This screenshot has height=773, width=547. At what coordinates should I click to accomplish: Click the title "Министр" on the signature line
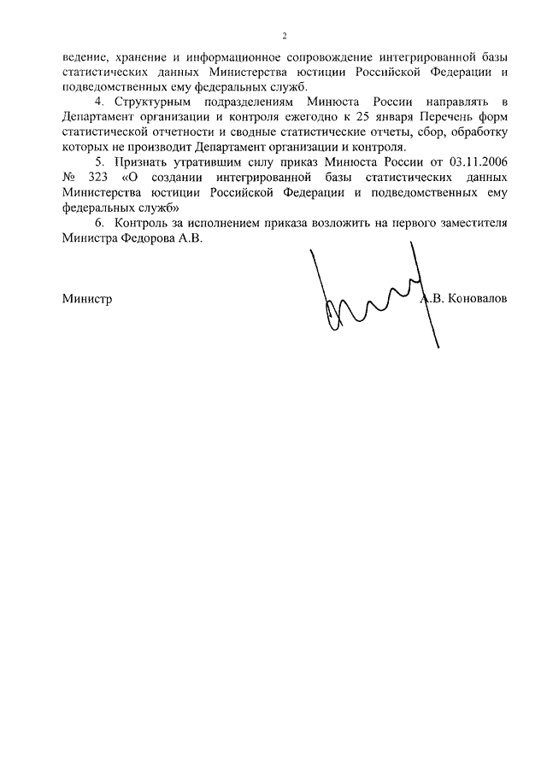pos(87,300)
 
